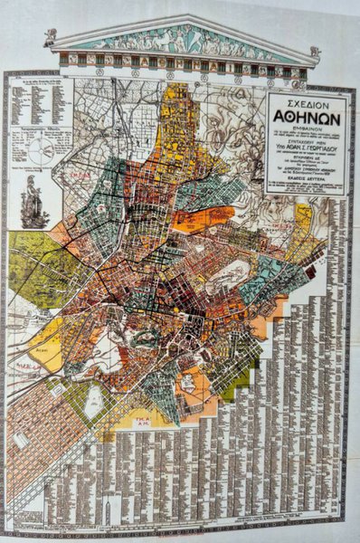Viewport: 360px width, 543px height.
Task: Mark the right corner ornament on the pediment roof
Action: tap(314, 52)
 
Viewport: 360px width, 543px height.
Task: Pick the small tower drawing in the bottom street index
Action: tap(108, 511)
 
